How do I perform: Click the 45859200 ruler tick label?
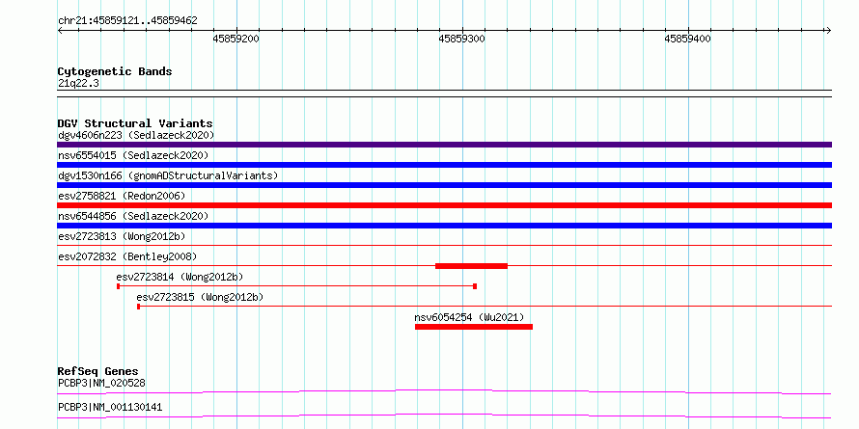pyautogui.click(x=236, y=39)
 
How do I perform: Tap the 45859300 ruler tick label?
pyautogui.click(x=461, y=39)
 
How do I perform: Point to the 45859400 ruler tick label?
pyautogui.click(x=687, y=39)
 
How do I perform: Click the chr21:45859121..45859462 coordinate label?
pyautogui.click(x=127, y=21)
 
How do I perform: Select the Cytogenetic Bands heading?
pyautogui.click(x=115, y=71)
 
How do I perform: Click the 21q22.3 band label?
pyautogui.click(x=78, y=84)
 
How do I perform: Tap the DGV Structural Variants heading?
pyautogui.click(x=135, y=123)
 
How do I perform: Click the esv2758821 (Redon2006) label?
pyautogui.click(x=122, y=196)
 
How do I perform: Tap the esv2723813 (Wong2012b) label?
pyautogui.click(x=122, y=236)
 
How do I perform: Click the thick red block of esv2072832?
pyautogui.click(x=471, y=266)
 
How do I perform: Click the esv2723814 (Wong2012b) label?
pyautogui.click(x=180, y=277)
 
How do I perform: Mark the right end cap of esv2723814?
pyautogui.click(x=475, y=286)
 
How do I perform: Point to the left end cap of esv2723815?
pyautogui.click(x=139, y=307)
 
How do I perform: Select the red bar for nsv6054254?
pyautogui.click(x=474, y=327)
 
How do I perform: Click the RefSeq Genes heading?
pyautogui.click(x=98, y=372)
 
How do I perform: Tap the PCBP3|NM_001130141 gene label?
pyautogui.click(x=110, y=407)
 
